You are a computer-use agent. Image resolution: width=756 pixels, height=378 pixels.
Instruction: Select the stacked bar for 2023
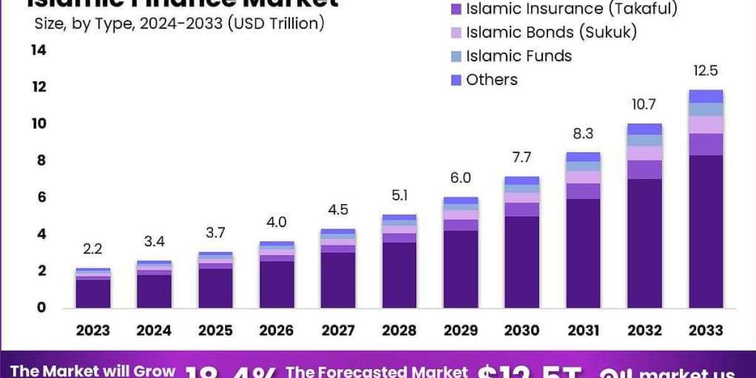[x=93, y=288]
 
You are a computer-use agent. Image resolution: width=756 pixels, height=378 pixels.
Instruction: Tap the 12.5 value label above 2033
[x=705, y=71]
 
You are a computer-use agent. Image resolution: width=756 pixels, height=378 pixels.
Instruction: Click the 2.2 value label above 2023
[x=93, y=249]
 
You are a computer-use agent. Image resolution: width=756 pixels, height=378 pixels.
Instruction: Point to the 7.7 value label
[x=522, y=157]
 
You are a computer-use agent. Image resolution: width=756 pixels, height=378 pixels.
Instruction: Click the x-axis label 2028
[x=399, y=330]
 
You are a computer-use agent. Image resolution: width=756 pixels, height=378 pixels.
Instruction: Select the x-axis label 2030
[x=522, y=330]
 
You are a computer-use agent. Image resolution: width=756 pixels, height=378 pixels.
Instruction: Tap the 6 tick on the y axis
[x=42, y=197]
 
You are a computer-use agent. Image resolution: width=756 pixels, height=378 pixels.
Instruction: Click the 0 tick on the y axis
[x=42, y=307]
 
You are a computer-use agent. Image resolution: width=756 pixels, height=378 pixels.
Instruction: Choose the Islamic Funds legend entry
[x=518, y=56]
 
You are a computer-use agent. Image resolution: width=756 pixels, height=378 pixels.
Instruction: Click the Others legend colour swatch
[x=456, y=80]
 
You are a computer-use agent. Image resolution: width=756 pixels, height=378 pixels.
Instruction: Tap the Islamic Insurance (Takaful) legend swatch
[x=456, y=9]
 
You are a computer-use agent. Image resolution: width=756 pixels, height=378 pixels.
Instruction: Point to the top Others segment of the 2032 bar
[x=644, y=129]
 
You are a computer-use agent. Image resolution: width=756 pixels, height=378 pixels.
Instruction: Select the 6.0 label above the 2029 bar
[x=461, y=178]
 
